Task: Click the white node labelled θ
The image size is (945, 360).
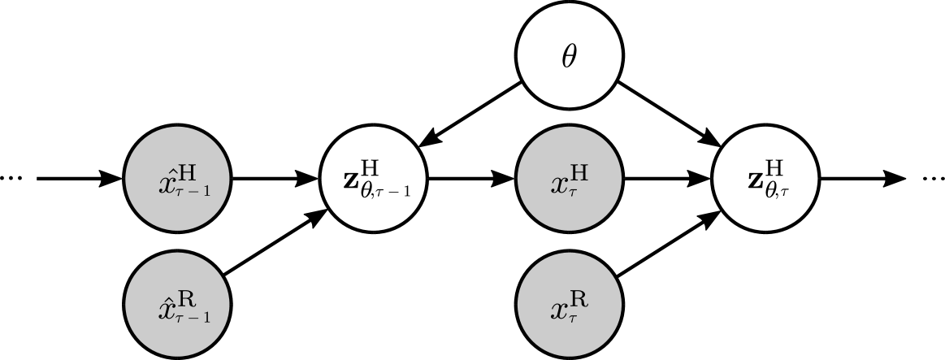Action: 570,56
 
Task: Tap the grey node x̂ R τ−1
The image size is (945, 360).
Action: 177,306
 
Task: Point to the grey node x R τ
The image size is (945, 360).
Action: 570,306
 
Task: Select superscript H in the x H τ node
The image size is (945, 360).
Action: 580,172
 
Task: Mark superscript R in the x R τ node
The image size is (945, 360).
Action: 580,299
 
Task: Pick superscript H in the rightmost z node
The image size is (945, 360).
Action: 775,168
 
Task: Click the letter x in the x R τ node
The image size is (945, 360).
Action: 560,309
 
